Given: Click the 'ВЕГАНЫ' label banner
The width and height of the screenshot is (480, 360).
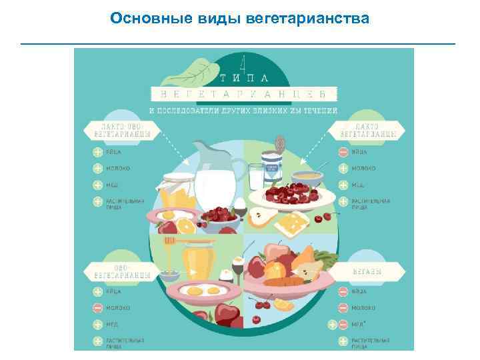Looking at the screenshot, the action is [x=373, y=272].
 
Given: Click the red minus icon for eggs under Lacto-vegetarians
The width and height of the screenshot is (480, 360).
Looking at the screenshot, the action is [x=343, y=153].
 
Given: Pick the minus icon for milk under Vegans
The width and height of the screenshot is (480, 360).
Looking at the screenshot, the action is [x=343, y=308].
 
